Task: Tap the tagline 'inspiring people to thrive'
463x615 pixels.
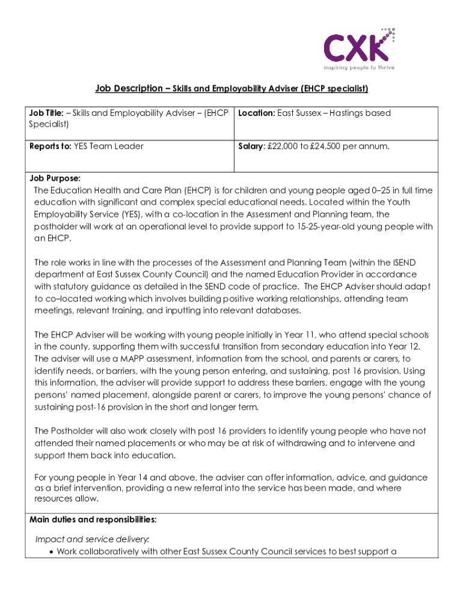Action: [359, 68]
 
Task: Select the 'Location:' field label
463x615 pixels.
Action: [257, 114]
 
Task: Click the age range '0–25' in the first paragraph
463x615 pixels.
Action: [371, 190]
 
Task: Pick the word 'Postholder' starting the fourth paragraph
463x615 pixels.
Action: [73, 431]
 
